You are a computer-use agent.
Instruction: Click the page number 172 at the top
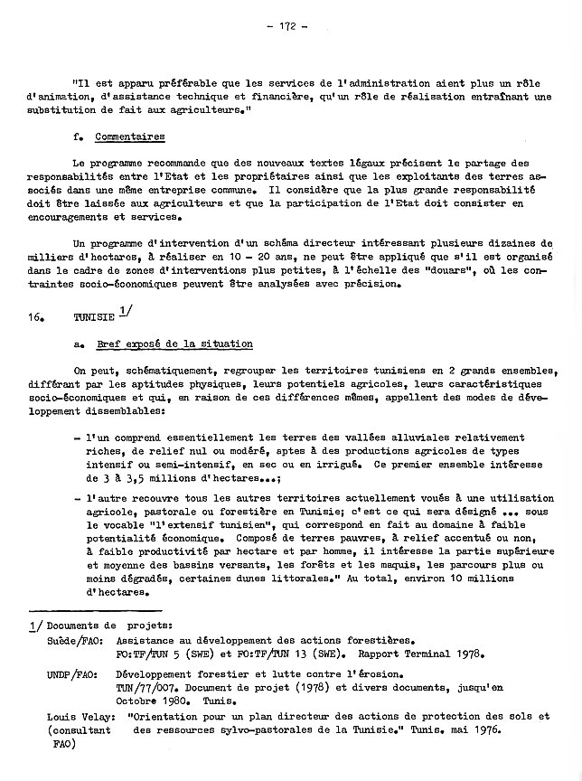288,26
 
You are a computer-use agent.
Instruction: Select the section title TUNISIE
93,319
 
